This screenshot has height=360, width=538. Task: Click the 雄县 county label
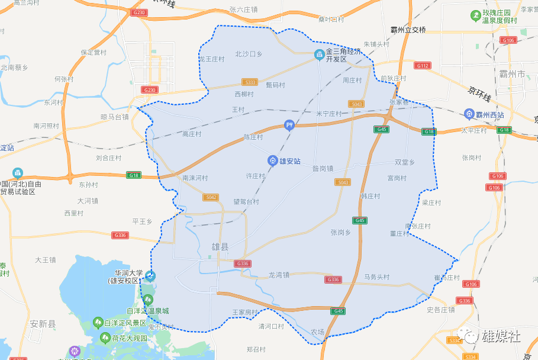pyautogui.click(x=220, y=246)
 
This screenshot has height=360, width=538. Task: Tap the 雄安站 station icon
pyautogui.click(x=272, y=160)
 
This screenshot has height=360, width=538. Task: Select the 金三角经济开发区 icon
pyautogui.click(x=318, y=55)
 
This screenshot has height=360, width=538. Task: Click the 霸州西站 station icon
pyautogui.click(x=469, y=114)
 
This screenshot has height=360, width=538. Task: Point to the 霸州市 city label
pyautogui.click(x=512, y=75)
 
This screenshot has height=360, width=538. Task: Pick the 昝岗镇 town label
pyautogui.click(x=323, y=168)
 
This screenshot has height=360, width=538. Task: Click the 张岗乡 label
pyautogui.click(x=341, y=233)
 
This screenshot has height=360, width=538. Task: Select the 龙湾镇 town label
pyautogui.click(x=278, y=275)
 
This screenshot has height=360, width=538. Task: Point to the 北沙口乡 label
pyautogui.click(x=249, y=54)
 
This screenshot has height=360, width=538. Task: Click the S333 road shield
pyautogui.click(x=250, y=82)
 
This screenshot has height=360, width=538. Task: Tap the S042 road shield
pyautogui.click(x=211, y=197)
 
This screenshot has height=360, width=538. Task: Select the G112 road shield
pyautogui.click(x=422, y=66)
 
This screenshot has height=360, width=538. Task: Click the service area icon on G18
pyautogui.click(x=289, y=124)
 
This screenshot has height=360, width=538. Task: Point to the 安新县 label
pyautogui.click(x=43, y=324)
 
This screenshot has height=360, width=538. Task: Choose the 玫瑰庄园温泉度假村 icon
pyautogui.click(x=475, y=14)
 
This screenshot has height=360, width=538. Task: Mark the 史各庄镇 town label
pyautogui.click(x=441, y=309)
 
